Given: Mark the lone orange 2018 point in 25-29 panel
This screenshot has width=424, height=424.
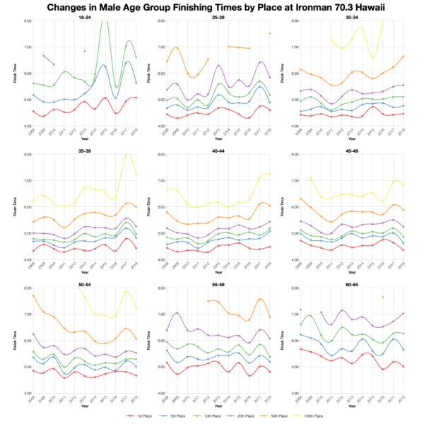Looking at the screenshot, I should tap(269, 33).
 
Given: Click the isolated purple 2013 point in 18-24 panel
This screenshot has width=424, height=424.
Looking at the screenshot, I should tap(85, 51).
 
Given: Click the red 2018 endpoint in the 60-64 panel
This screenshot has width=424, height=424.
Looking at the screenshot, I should tap(403, 366).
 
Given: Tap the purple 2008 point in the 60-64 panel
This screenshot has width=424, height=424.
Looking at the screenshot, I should tap(300, 310).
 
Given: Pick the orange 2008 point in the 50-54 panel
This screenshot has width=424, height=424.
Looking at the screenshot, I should tap(33, 295).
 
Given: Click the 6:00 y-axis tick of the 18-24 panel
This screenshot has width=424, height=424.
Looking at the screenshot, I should tap(23, 73).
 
